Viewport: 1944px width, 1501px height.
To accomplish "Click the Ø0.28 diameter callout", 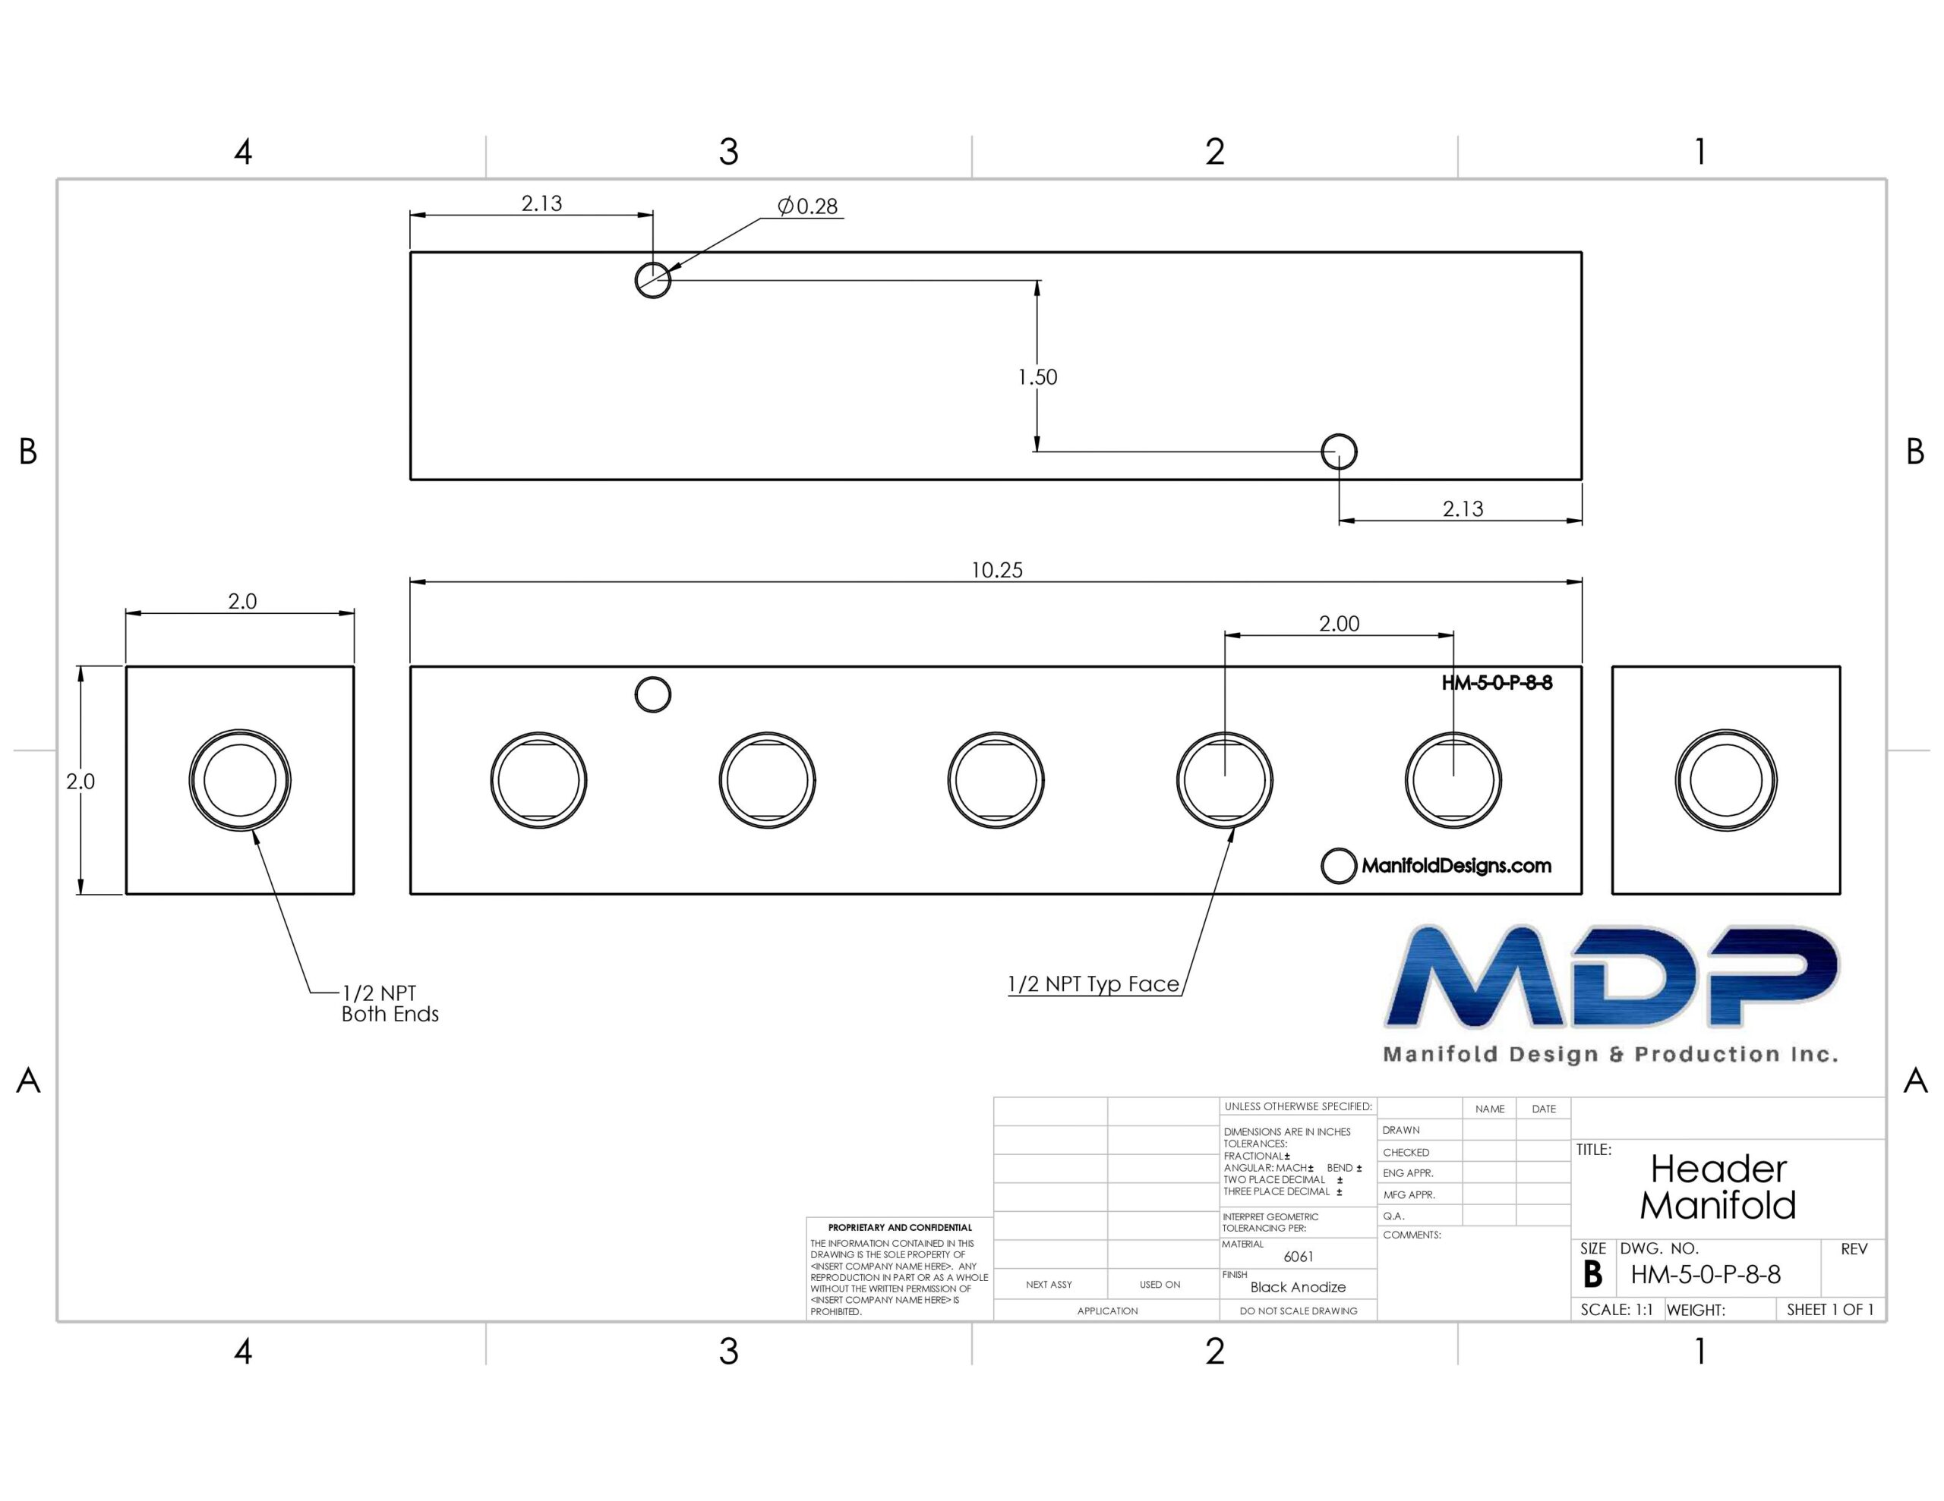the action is click(x=807, y=206).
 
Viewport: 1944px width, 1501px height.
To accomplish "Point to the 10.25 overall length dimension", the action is click(x=997, y=571).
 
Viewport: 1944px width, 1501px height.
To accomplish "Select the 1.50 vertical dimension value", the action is click(x=1038, y=377).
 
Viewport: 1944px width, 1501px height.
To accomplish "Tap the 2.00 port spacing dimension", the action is click(x=1339, y=624).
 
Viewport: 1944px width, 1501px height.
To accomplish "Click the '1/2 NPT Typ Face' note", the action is click(x=1093, y=984).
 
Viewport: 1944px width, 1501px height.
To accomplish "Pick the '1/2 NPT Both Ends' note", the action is click(x=390, y=1004).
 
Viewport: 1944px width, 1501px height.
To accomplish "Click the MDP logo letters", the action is click(x=1612, y=977).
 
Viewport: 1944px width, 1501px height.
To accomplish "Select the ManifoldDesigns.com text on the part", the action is click(x=1456, y=866).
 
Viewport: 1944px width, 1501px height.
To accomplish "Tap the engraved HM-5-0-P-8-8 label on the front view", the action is click(x=1497, y=683).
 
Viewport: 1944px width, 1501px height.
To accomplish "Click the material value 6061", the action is click(x=1299, y=1257).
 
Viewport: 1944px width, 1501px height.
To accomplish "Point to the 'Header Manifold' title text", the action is click(x=1718, y=1187).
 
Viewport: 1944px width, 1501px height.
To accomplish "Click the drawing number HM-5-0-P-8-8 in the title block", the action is click(x=1706, y=1275).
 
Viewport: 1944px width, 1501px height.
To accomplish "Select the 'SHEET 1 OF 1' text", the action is click(x=1830, y=1310).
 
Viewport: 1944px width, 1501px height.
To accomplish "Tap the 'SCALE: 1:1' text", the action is click(x=1617, y=1310).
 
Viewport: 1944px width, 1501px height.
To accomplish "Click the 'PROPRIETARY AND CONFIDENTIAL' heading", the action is click(x=900, y=1228).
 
